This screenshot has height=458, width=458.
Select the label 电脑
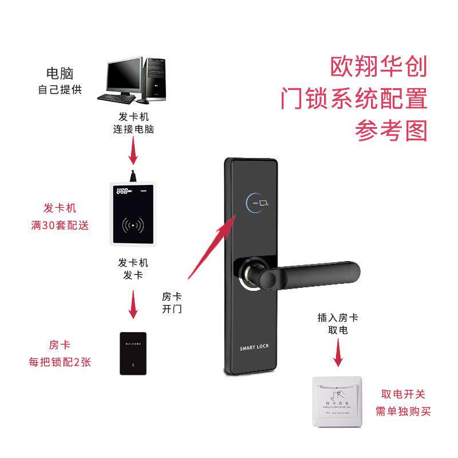[60, 73]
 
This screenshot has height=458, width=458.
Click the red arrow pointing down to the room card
[133, 305]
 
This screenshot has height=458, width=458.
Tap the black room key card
[133, 353]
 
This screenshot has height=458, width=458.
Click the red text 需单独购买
[403, 410]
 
